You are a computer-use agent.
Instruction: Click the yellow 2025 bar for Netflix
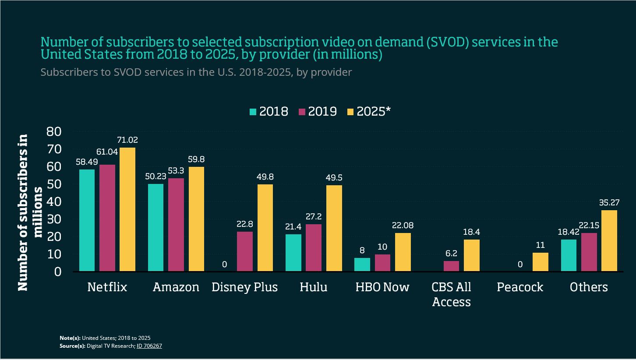click(127, 209)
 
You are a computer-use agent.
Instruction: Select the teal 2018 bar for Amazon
click(155, 227)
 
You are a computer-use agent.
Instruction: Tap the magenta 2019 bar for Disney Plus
click(244, 251)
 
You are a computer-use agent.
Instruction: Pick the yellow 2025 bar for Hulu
click(334, 228)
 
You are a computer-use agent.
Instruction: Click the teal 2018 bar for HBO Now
click(362, 265)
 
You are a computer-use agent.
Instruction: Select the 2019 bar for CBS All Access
click(451, 266)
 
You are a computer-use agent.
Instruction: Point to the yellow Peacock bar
click(540, 262)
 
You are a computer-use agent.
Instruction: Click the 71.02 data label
click(127, 141)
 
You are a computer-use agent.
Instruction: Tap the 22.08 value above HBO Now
click(403, 226)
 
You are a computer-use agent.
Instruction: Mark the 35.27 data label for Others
click(609, 203)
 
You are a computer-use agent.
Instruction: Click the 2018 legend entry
click(269, 112)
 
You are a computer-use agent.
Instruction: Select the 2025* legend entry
click(368, 112)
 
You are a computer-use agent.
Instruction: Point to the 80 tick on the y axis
click(55, 131)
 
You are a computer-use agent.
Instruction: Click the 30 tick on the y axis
click(55, 219)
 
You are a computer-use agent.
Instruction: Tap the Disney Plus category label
click(244, 287)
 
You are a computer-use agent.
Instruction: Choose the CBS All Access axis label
click(451, 294)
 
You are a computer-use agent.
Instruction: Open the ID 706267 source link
click(149, 346)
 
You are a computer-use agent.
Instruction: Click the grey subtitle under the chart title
click(196, 72)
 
